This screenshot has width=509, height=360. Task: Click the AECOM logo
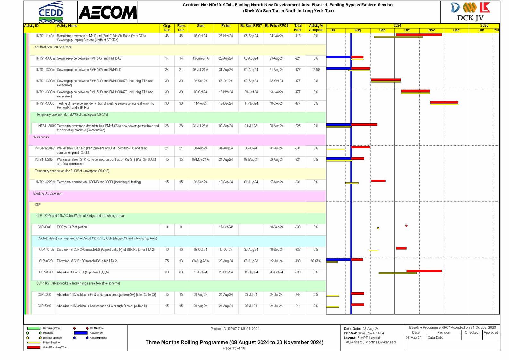[x=107, y=13]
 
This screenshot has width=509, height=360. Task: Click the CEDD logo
[x=51, y=12]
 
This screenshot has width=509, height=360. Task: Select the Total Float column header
[x=297, y=28]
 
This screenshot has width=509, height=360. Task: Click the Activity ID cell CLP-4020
[x=46, y=261]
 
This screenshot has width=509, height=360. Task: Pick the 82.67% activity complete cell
[x=316, y=261]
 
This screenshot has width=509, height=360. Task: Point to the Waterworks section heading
[x=41, y=137]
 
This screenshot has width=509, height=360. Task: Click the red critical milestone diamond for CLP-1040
[x=406, y=226]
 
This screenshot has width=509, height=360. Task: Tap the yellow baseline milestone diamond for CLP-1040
[x=378, y=228]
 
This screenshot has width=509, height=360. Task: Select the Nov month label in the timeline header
[x=431, y=30]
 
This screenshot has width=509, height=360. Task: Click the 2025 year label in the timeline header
[x=484, y=25]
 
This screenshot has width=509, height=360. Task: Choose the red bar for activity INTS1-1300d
[x=444, y=102]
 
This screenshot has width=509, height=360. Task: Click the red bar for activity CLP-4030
[x=424, y=271]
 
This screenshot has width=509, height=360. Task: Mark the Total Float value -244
[x=297, y=295]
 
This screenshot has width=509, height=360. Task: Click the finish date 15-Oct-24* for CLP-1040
[x=226, y=227]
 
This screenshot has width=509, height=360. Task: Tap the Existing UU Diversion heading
[x=48, y=194]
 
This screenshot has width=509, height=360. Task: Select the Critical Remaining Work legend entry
[x=55, y=347]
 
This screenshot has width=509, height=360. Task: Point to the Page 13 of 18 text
[x=234, y=348]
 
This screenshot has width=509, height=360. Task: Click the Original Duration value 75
[x=167, y=261]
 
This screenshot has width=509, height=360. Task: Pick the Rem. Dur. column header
[x=181, y=28]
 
